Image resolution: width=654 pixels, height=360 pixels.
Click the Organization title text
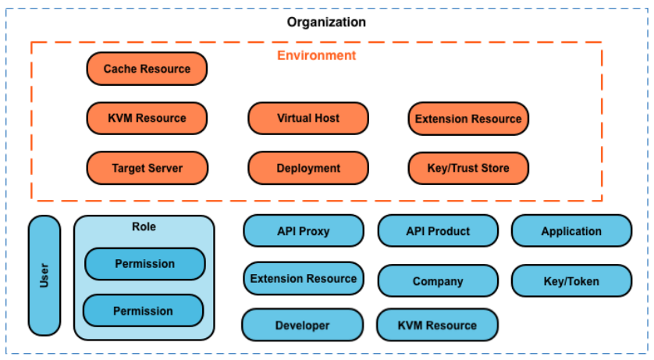[326, 22]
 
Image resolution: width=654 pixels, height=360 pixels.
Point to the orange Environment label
[316, 55]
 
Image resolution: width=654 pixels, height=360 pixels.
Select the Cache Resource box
[147, 69]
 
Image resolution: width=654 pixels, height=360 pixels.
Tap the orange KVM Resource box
[147, 118]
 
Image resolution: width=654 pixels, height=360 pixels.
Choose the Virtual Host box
[308, 118]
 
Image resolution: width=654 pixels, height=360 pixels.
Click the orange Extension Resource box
[468, 119]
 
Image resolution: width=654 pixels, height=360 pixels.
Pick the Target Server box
[147, 168]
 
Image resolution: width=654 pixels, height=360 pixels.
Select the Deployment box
[308, 168]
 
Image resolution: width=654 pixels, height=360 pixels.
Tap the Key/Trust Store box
[468, 168]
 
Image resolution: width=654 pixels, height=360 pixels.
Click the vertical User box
[44, 276]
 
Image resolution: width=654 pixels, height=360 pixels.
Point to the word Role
[144, 226]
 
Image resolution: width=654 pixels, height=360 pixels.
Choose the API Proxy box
[303, 231]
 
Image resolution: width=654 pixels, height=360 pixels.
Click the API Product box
[438, 231]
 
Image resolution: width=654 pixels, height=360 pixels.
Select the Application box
[571, 231]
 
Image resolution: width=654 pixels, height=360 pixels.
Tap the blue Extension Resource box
[303, 278]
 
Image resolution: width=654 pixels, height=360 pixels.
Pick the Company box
[438, 281]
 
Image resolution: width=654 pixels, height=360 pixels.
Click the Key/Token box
[571, 281]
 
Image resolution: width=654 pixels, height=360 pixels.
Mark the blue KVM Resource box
[437, 325]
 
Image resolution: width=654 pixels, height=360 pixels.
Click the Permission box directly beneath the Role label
[144, 264]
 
